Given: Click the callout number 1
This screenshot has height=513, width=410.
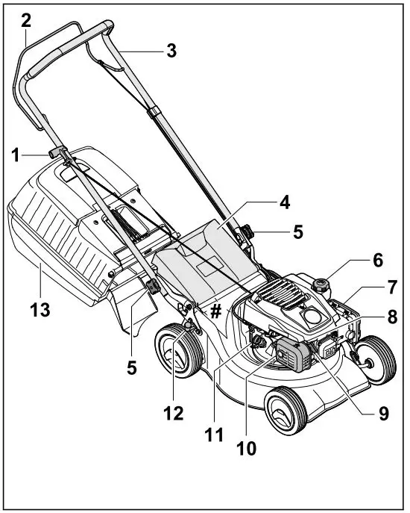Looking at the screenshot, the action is coord(16,155).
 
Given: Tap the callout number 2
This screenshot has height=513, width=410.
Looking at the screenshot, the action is coord(26,20).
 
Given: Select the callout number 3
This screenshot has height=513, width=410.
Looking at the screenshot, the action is coord(171,51).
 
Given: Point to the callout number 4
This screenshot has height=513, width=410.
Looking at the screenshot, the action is coord(285,203).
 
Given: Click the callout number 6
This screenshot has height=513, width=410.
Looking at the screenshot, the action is coord(378,261).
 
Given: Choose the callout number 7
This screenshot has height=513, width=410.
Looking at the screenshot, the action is coord(391,287).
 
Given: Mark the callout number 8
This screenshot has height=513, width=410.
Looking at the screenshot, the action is coord(392,317).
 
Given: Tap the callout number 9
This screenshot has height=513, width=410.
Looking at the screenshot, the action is coord(384,414).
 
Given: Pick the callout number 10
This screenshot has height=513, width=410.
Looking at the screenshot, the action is coord(247,448).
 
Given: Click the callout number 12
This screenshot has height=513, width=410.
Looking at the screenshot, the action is coord(174,413).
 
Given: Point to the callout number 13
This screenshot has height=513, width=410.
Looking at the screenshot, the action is coord(40,309).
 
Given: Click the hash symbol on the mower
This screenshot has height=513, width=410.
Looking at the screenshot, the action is coord(215,312).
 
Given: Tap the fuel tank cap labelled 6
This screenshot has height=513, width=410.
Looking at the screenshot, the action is coord(321,285).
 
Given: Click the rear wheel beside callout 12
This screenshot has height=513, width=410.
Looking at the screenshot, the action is coord(178,349).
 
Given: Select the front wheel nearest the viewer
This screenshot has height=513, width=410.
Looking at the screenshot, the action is coord(286,411).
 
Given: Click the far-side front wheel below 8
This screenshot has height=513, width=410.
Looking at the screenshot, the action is coord(376,360).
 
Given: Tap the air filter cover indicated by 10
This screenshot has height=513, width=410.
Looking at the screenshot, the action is coord(293,355).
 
